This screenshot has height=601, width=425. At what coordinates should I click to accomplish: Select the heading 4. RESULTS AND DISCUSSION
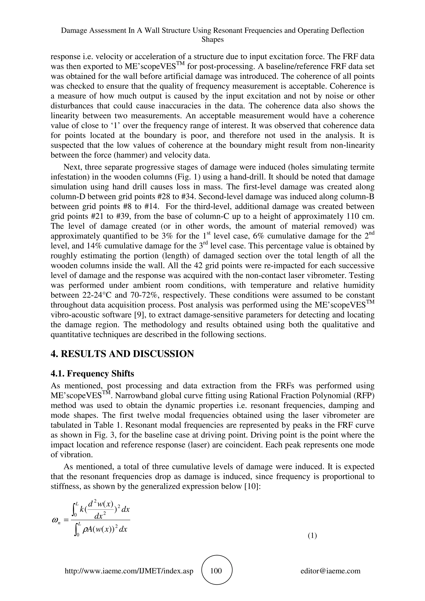click(x=122, y=354)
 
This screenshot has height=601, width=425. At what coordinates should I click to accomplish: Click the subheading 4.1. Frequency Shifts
click(x=92, y=373)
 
